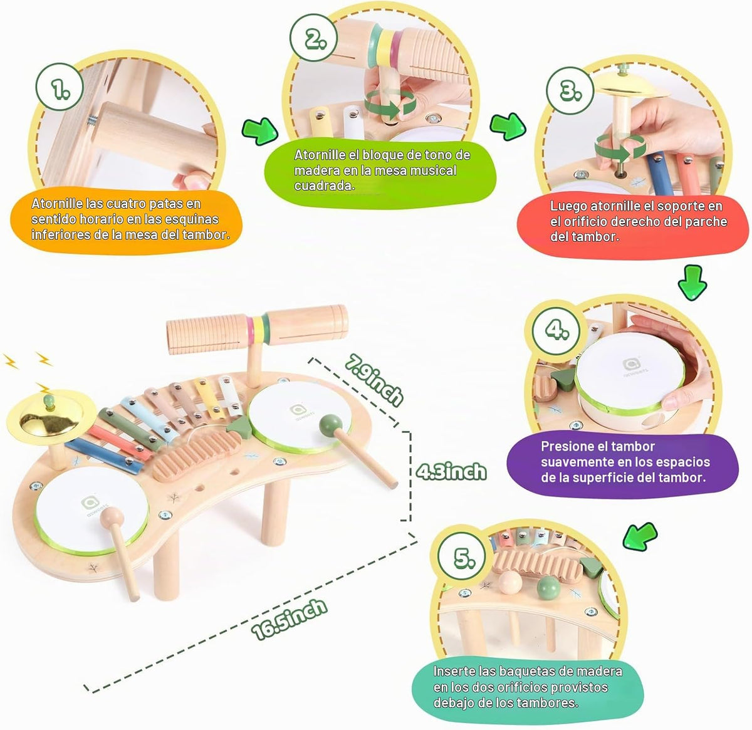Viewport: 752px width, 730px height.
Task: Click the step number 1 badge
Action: pos(60,87)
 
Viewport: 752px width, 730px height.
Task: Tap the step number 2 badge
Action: pos(313,37)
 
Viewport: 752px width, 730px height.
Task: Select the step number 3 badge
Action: pos(570,90)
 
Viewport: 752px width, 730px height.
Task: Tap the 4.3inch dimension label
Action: pos(451,471)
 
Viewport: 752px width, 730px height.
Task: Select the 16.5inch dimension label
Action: pos(290,619)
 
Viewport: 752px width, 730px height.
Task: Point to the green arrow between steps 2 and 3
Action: pos(508,126)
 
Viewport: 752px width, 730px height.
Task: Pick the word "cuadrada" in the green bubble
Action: pos(324,185)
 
